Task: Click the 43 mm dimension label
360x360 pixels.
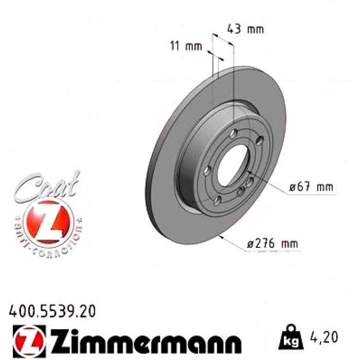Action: click(x=245, y=29)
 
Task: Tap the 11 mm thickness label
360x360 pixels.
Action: click(x=186, y=46)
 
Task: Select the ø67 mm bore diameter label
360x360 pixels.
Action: click(x=311, y=187)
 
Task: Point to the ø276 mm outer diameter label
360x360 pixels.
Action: click(x=273, y=243)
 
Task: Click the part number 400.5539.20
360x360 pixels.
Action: click(x=52, y=311)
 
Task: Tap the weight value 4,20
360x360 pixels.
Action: click(x=324, y=337)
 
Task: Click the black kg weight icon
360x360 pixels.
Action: click(x=291, y=336)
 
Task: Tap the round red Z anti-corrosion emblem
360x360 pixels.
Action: click(x=48, y=222)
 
